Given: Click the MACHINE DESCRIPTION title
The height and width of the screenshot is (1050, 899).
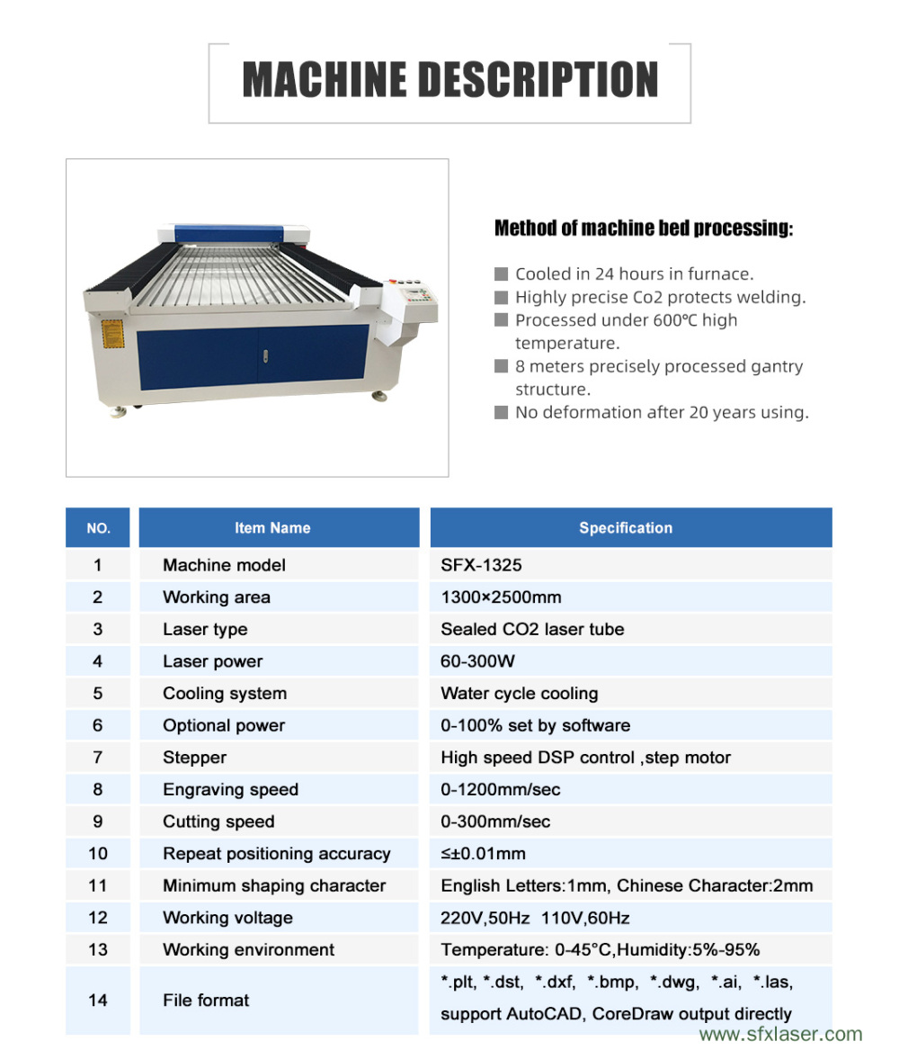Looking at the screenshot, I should point(449,80).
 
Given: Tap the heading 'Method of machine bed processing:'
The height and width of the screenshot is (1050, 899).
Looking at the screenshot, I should point(644,229).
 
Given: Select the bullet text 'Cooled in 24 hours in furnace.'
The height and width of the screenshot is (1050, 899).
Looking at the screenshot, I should point(634,274).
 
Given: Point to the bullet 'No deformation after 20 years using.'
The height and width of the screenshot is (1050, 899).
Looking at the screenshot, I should point(661,412).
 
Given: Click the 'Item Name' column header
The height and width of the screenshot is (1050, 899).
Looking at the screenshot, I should point(272,528).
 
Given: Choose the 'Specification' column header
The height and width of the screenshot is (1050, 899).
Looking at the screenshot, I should point(626,528).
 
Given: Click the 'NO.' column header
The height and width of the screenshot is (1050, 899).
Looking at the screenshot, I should point(98,528).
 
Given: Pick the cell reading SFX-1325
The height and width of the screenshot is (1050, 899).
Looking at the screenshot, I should point(481,565).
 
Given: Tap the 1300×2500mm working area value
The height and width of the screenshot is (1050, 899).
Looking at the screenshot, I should point(501,597).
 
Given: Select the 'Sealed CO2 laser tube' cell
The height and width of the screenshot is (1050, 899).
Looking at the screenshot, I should point(532,629).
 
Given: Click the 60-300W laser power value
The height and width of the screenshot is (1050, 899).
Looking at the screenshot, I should point(477,661).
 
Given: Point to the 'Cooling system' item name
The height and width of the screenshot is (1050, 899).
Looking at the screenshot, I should point(225,694).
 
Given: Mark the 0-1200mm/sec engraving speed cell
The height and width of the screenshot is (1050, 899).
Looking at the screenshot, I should point(500,790).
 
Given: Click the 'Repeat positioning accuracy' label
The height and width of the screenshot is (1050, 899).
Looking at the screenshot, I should point(276,854).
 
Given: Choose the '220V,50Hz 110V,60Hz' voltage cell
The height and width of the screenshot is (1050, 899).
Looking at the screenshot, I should point(535,918).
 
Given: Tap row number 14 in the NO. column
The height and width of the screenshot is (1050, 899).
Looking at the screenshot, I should point(98,1000).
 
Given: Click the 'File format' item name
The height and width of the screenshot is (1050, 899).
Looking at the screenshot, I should point(206,1000).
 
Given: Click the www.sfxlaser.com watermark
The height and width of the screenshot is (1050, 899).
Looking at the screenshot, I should point(780,1035).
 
